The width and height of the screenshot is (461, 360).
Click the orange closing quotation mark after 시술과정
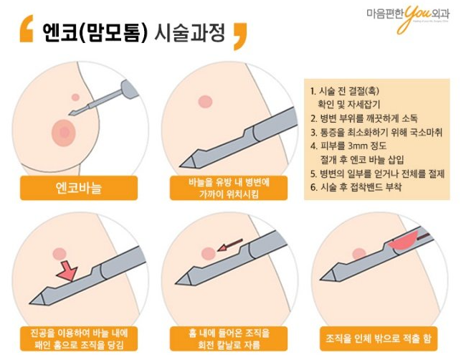(239, 33)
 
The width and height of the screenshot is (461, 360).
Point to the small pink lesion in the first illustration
(75, 97)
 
